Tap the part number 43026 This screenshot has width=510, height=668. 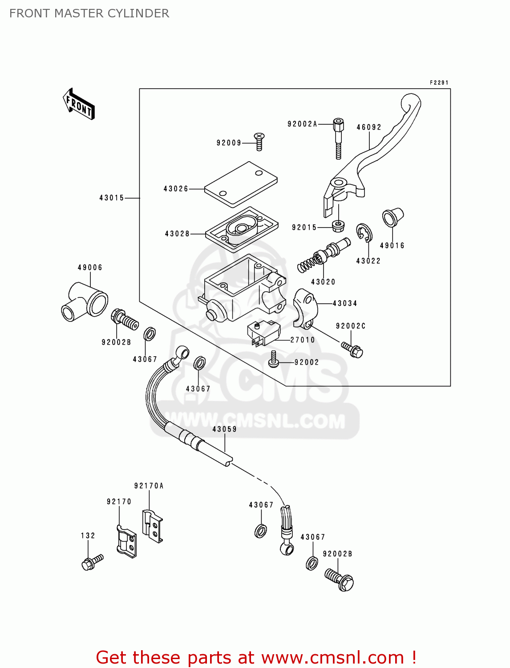pos(176,189)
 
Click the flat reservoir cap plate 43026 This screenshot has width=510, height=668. pos(241,184)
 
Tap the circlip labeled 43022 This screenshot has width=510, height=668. pos(364,233)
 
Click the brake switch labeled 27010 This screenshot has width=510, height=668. pos(263,333)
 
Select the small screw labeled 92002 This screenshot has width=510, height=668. pos(273,360)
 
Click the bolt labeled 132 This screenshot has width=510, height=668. pos(92,562)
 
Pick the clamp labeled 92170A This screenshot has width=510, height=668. pos(153,525)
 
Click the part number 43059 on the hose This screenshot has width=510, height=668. pos(224,429)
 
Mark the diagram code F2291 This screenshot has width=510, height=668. pos(439,82)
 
